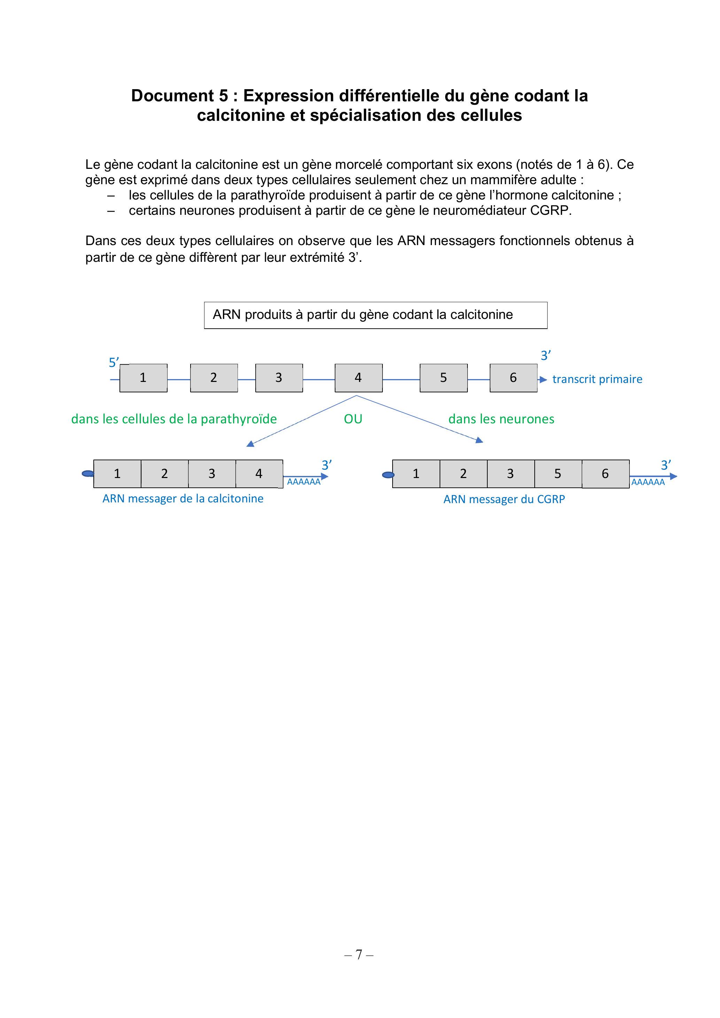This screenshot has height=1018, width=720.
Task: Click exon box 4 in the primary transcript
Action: coord(358,378)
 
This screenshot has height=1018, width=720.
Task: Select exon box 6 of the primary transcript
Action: coord(513,378)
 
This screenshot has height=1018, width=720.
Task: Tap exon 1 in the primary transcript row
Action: coord(143,378)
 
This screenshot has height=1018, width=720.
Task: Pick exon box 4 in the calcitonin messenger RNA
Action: coord(259,474)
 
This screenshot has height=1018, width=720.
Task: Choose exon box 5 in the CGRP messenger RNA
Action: coord(558,474)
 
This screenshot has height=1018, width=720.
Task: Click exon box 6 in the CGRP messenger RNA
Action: coord(605,474)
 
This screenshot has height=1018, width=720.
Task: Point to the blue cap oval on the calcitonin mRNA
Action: coord(88,474)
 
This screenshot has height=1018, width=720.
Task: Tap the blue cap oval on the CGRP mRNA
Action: coord(388,475)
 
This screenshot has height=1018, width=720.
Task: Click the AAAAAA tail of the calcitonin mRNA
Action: coord(303,482)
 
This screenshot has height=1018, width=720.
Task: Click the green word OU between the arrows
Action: coord(353,419)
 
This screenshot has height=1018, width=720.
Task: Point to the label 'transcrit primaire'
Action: coord(597,379)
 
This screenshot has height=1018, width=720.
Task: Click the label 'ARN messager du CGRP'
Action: coord(504,499)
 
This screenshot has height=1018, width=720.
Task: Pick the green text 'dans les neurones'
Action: coord(501,419)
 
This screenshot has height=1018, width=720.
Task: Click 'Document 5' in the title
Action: coord(180,96)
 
